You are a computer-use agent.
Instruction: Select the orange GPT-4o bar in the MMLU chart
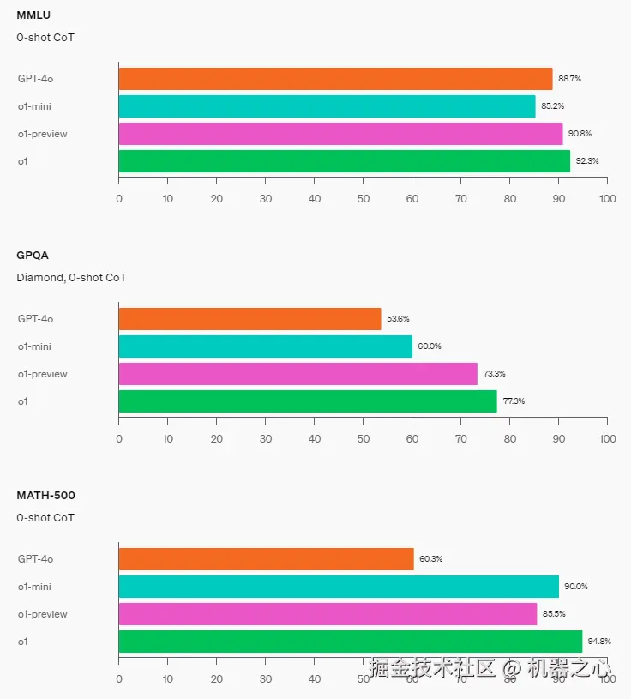tap(335, 79)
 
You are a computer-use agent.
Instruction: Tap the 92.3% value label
tap(587, 161)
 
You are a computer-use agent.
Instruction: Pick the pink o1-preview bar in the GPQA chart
tap(297, 374)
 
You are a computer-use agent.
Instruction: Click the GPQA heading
tap(33, 255)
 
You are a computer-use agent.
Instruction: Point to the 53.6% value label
tap(398, 319)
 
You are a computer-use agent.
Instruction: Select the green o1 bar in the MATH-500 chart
tap(350, 642)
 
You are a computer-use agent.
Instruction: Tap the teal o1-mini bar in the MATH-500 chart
tap(339, 587)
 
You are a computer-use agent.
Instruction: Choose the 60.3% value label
tap(430, 559)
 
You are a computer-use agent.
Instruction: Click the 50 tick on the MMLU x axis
tap(364, 199)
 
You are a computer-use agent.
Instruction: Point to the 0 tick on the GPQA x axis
tap(119, 439)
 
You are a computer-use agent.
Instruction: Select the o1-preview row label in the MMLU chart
tap(43, 134)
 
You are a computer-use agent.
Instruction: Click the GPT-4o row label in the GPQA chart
tap(36, 319)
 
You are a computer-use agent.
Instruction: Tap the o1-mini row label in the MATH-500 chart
tap(36, 587)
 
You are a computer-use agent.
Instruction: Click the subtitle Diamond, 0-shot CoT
tap(71, 277)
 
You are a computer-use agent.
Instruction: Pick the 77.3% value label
tap(514, 401)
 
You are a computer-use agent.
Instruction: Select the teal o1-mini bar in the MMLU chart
tap(327, 106)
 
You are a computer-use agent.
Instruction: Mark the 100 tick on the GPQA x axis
tap(607, 439)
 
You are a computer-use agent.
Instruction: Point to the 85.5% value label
tap(554, 614)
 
